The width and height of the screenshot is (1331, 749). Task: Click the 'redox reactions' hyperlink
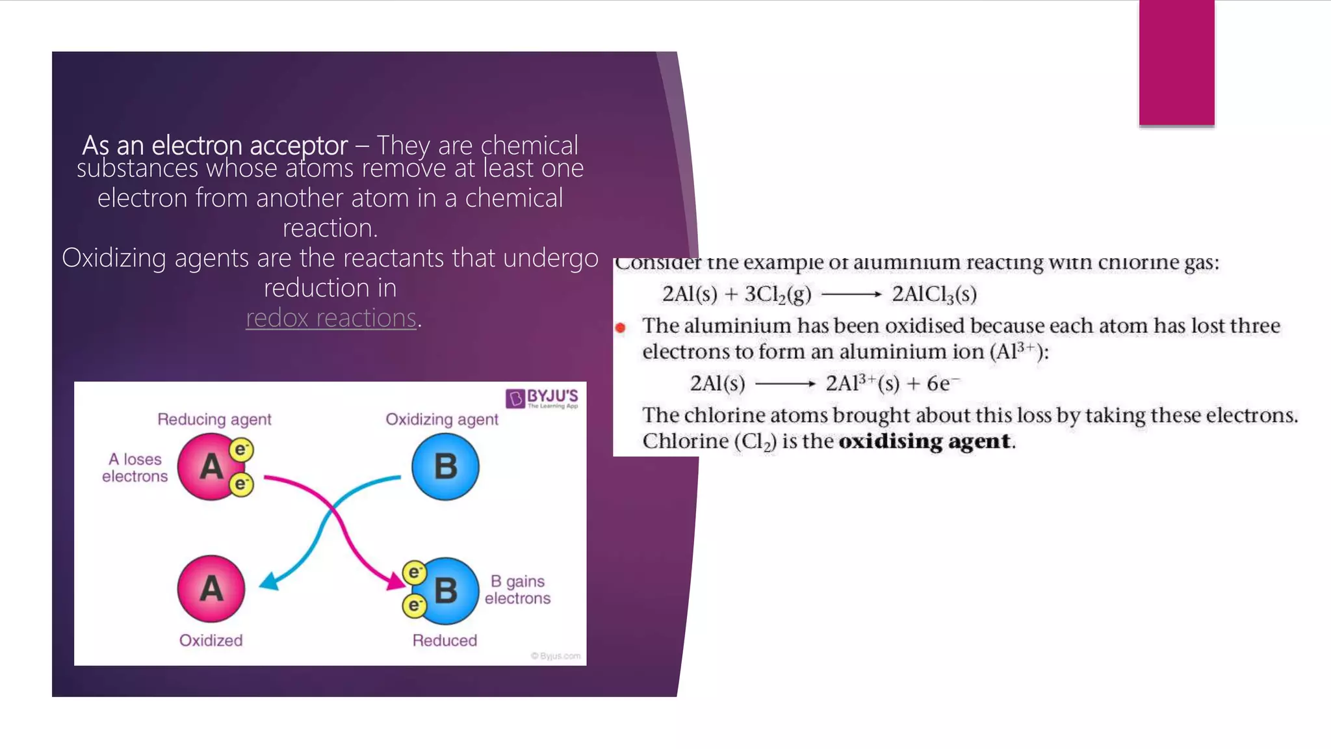331,318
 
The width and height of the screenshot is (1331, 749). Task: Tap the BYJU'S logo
541,398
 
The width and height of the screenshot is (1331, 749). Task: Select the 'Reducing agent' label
214,419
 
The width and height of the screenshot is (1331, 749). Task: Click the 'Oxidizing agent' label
442,419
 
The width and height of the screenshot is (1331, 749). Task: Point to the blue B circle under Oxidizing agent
445,466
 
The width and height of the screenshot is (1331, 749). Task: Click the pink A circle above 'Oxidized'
211,588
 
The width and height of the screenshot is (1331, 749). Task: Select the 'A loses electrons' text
135,467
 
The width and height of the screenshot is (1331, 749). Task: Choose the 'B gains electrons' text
517,590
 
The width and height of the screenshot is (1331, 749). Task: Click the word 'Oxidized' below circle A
211,640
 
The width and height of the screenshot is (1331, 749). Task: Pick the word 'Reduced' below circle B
445,640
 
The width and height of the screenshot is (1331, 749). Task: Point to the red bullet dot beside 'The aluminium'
621,328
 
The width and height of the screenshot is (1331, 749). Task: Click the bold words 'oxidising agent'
924,441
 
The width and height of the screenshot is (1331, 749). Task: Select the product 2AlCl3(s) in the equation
934,295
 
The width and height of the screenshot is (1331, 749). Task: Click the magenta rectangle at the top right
1176,62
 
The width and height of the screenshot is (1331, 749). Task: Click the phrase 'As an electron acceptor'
215,145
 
